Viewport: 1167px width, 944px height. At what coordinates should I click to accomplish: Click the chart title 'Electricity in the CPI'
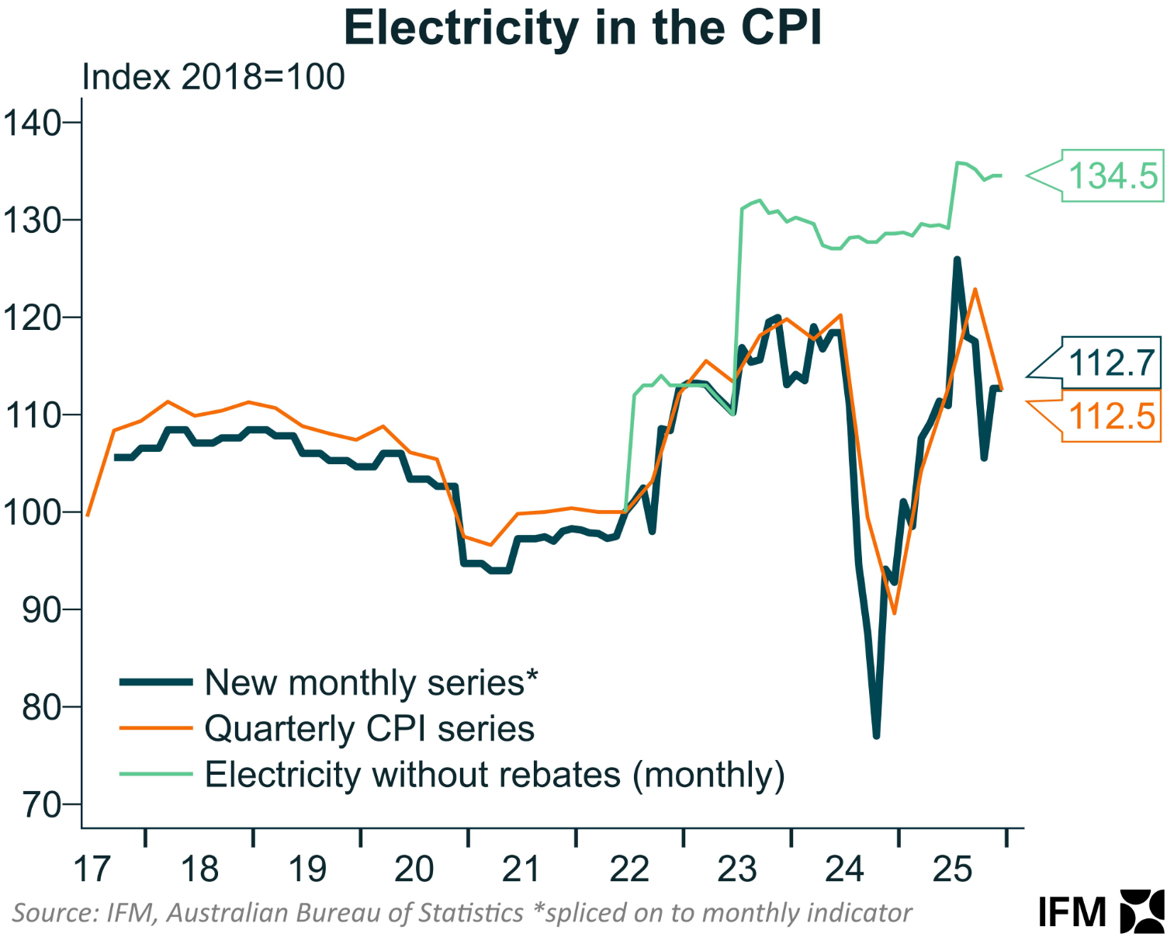[583, 29]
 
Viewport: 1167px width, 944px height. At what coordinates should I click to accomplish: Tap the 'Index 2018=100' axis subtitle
[213, 78]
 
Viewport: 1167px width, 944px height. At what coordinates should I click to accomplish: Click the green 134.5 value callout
[1113, 176]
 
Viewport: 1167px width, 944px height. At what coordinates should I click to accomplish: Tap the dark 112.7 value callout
[1111, 363]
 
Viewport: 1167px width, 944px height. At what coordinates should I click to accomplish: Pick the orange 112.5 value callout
[1111, 418]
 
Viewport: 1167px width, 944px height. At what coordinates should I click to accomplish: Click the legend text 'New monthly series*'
[371, 683]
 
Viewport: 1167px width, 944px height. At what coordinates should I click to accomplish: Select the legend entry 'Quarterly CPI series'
[369, 729]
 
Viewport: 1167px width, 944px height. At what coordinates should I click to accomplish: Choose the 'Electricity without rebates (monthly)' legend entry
[494, 775]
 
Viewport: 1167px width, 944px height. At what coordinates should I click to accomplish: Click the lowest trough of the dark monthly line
[876, 735]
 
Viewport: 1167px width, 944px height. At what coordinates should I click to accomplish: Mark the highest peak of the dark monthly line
[957, 260]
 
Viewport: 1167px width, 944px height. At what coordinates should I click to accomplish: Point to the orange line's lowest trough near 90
[895, 613]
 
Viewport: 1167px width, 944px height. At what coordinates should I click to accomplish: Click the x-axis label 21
[521, 869]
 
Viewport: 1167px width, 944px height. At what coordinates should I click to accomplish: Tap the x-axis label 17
[92, 869]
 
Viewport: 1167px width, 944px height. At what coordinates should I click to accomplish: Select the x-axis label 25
[952, 869]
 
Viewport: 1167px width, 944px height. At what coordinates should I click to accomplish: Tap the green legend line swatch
[156, 774]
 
